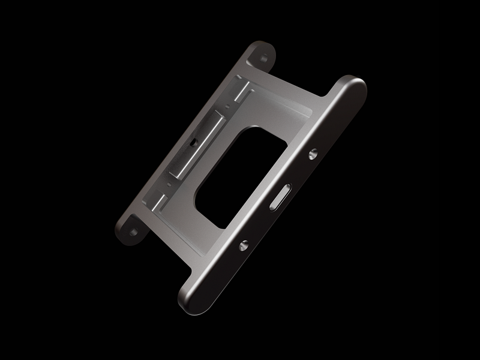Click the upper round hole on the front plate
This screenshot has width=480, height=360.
coord(313,154)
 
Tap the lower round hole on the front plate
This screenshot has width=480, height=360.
coord(244,245)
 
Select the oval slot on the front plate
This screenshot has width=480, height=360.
coord(280,198)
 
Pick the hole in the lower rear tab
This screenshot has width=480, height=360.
coord(131,229)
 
